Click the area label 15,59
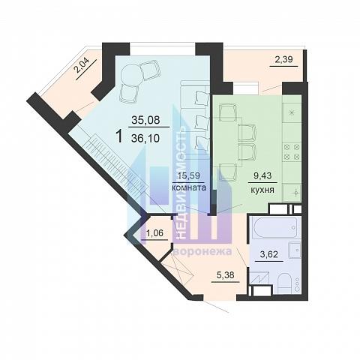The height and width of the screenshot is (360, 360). [189, 175]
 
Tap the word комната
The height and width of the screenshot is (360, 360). [189, 187]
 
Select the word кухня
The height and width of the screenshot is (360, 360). [262, 190]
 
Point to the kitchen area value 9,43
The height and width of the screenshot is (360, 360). [262, 175]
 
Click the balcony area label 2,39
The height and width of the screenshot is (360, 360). [283, 59]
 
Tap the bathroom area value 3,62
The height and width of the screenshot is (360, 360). [269, 254]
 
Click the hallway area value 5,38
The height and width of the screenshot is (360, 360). [225, 275]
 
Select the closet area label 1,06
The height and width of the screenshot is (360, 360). [154, 233]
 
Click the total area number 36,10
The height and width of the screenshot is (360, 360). [145, 138]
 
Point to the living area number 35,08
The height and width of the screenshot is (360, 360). [145, 120]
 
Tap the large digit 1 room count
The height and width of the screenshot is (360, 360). [120, 136]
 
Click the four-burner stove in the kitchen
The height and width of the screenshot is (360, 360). [292, 152]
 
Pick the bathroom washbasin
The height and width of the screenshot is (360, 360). [295, 250]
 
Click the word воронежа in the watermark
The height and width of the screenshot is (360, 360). [203, 251]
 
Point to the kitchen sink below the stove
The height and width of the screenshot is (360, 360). [292, 193]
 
